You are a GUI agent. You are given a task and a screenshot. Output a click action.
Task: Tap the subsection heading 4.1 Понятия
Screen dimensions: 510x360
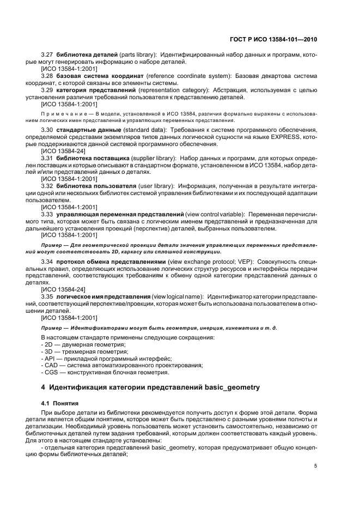pos(60,403)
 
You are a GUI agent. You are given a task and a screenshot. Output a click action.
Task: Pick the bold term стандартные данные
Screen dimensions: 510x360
pos(90,131)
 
